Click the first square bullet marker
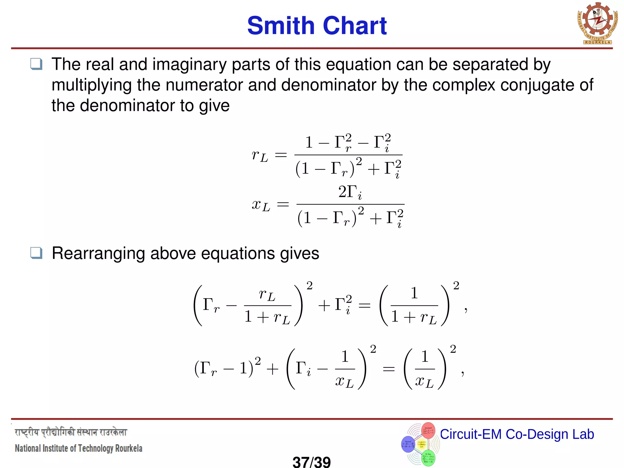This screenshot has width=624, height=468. click(x=36, y=64)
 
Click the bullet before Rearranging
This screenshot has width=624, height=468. click(x=36, y=253)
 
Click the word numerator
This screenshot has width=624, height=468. click(x=204, y=85)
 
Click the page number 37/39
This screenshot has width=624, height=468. click(x=311, y=462)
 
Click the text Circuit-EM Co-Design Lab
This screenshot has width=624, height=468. click(x=517, y=434)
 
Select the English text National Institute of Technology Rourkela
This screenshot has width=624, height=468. click(x=79, y=448)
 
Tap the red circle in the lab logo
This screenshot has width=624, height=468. click(x=428, y=430)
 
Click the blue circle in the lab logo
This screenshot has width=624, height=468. click(x=408, y=444)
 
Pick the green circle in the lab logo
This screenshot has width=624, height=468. click(x=428, y=458)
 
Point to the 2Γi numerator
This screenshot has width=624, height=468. click(x=350, y=193)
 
